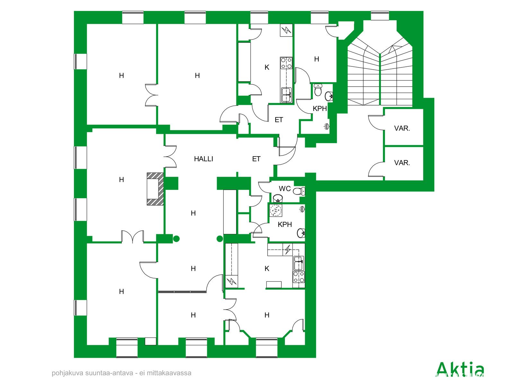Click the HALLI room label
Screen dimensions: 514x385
(x=203, y=159)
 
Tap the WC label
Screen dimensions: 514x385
(x=285, y=188)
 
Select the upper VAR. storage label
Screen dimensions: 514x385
(x=402, y=128)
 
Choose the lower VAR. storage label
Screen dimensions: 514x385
(x=402, y=163)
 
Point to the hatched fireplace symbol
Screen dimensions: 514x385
(x=155, y=189)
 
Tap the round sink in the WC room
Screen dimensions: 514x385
(x=278, y=198)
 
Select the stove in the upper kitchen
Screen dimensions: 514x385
(x=286, y=63)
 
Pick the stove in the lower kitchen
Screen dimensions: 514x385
(x=298, y=277)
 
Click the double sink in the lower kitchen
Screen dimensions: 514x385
(x=299, y=263)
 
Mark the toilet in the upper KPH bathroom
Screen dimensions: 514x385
(x=318, y=90)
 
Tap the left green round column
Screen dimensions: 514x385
(x=176, y=239)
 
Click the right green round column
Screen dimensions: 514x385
(x=220, y=239)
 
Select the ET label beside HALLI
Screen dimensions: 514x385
(x=256, y=159)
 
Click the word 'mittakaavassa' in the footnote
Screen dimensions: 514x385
(x=169, y=373)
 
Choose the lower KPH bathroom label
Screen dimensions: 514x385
(x=285, y=225)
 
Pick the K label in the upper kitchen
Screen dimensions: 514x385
(x=267, y=68)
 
